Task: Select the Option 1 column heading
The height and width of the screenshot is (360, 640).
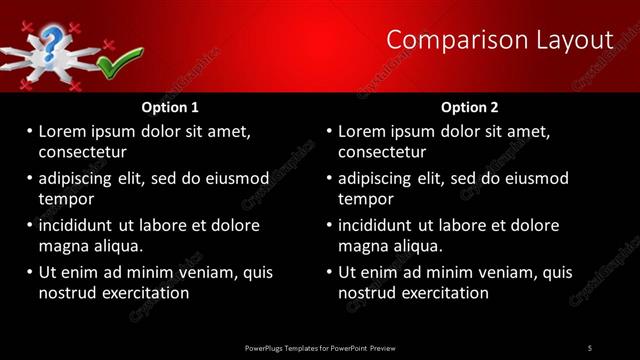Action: (170, 107)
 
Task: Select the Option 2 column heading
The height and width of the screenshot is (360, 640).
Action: (469, 107)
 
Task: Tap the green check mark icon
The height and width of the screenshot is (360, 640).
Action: (114, 66)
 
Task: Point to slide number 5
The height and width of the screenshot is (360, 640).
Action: (590, 347)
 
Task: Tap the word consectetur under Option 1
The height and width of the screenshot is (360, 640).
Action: (82, 152)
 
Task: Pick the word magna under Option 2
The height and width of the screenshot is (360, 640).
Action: (362, 245)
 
